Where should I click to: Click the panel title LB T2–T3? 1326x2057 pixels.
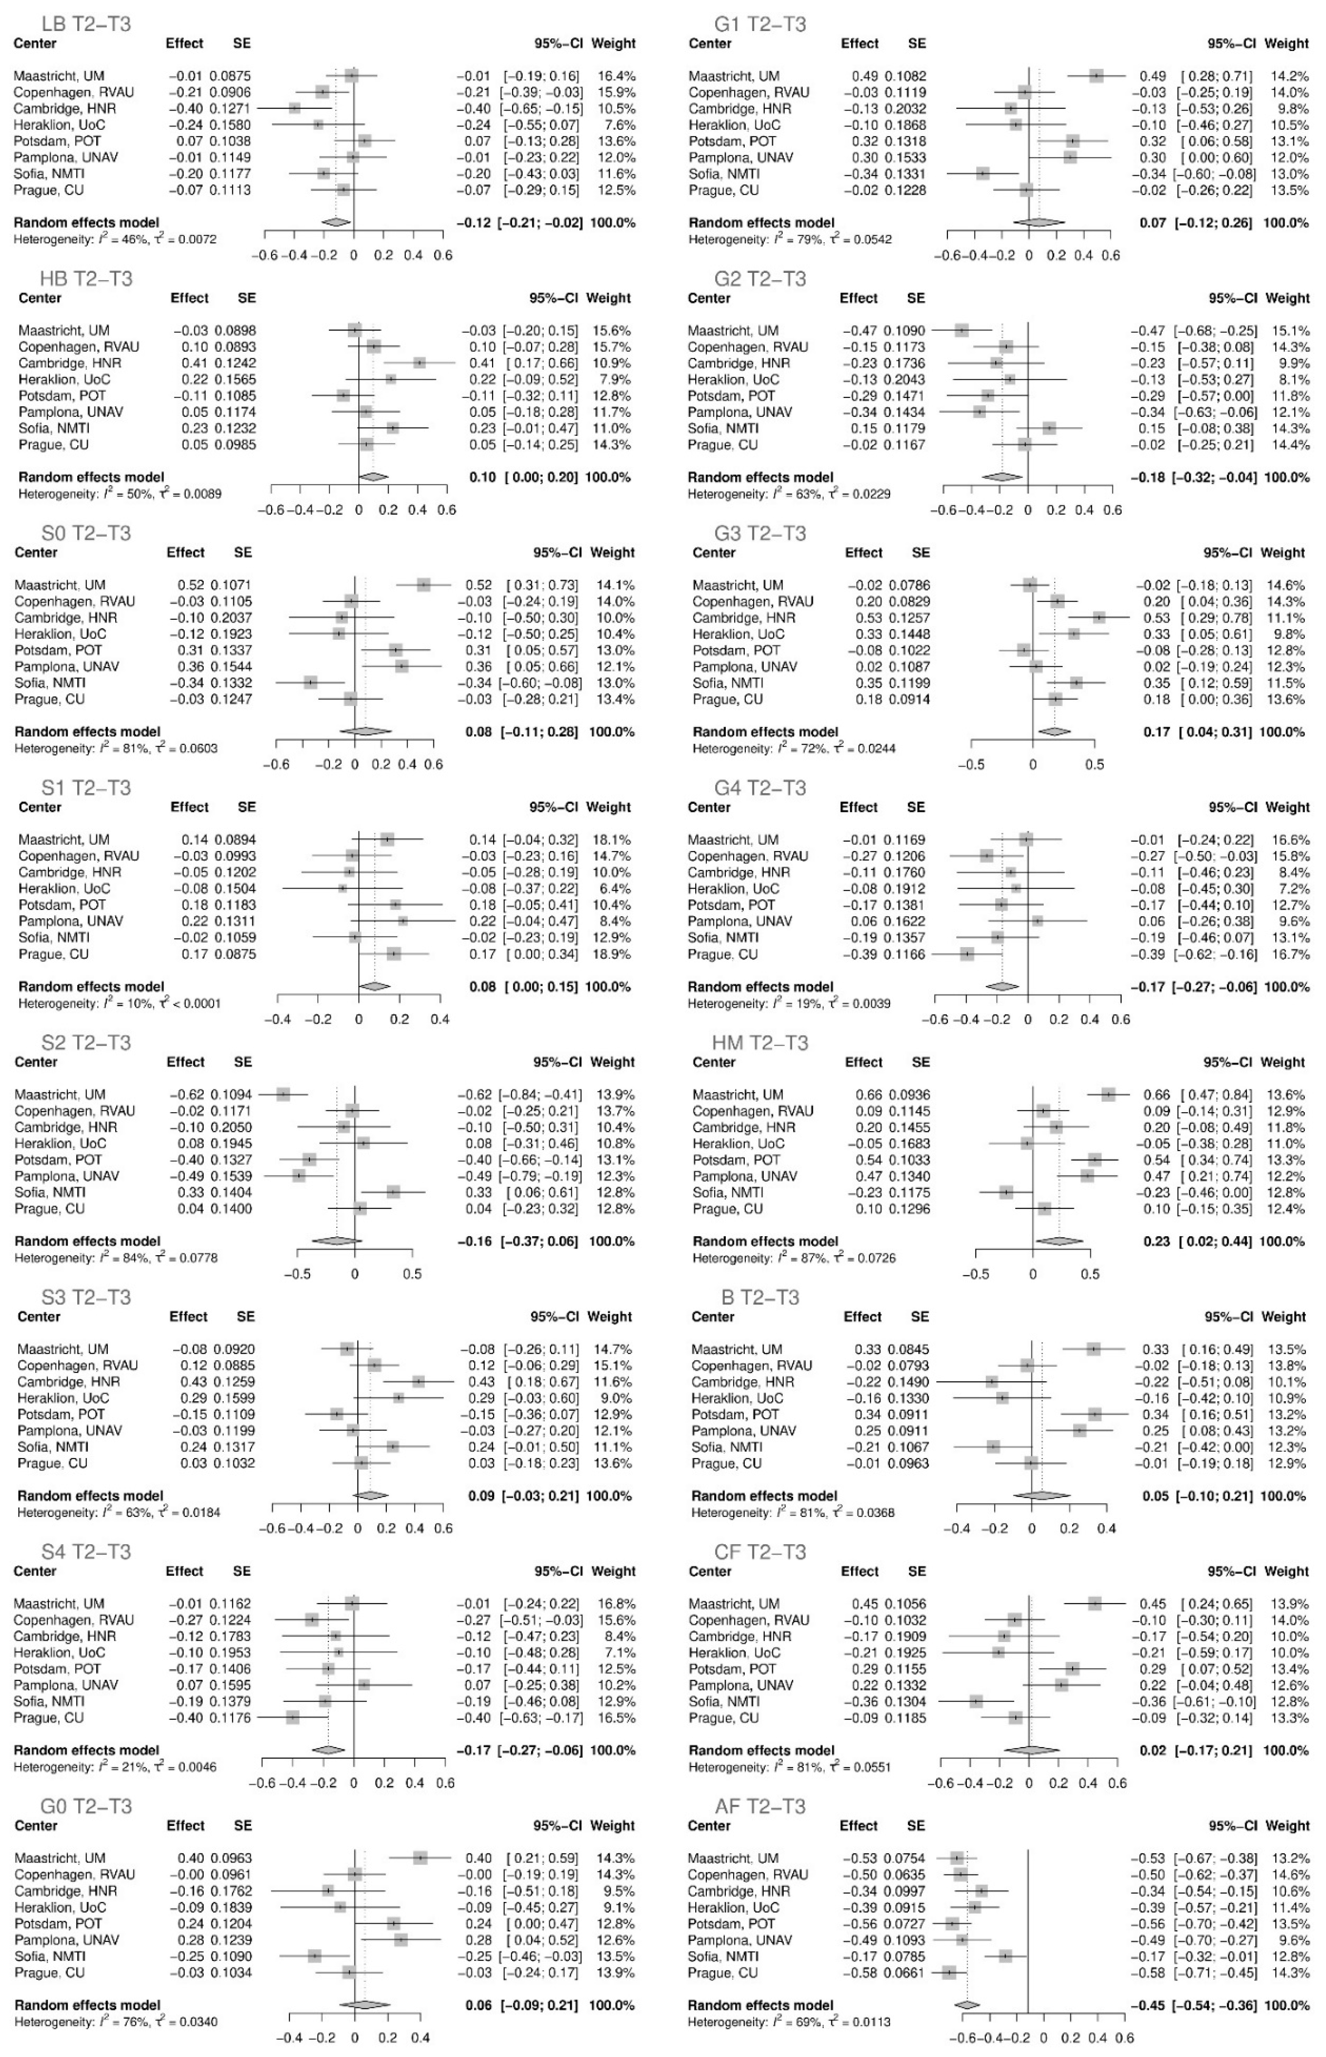tap(85, 23)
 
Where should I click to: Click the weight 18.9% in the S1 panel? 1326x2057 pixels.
tap(612, 954)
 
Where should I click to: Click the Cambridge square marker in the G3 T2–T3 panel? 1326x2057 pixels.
tap(1099, 618)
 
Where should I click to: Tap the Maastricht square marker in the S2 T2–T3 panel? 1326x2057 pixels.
tap(283, 1094)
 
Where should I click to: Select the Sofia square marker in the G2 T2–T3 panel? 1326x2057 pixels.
tap(1049, 428)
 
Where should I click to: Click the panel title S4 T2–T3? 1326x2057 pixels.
tap(86, 1552)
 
